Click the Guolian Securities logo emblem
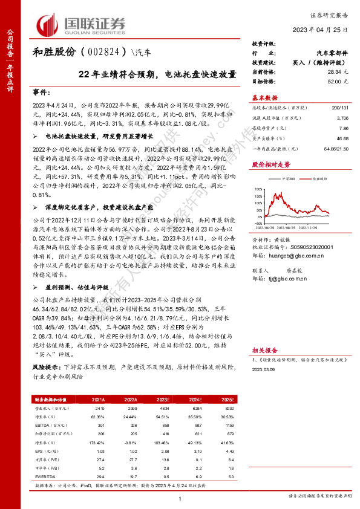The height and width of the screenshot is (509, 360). click(50, 25)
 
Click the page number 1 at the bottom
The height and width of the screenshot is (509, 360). click(180, 498)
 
